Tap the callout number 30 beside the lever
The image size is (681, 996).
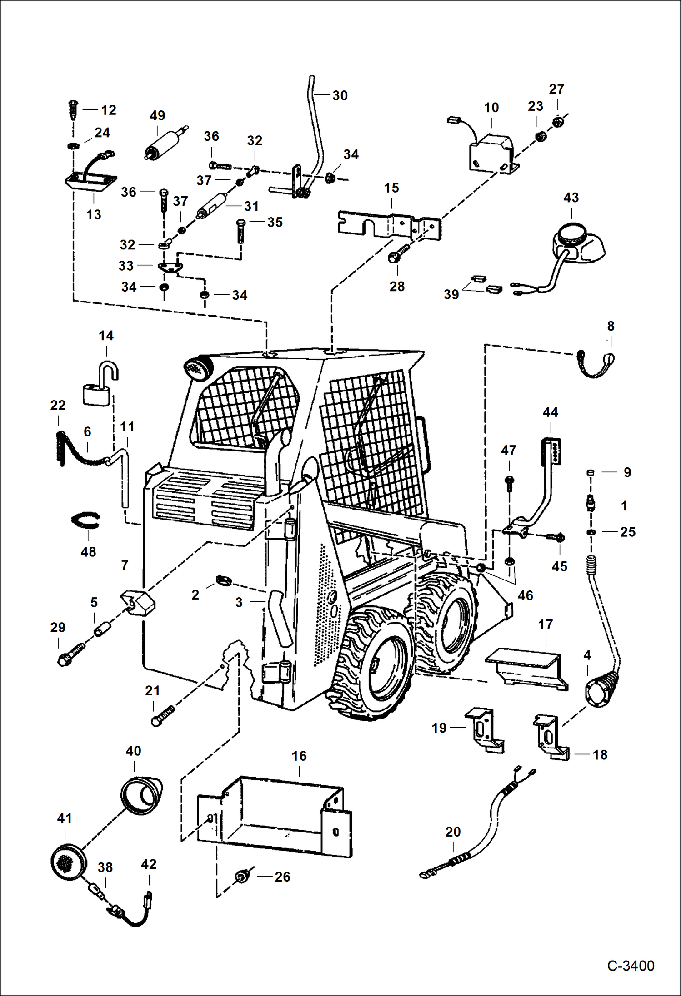coord(340,95)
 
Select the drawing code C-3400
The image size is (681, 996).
coord(631,966)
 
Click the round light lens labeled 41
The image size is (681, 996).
coord(68,860)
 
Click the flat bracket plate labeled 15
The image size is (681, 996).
coord(389,224)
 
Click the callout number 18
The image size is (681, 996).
coord(600,755)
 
